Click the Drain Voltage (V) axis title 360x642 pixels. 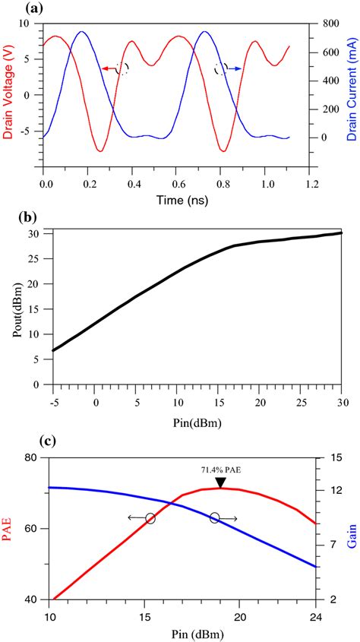[8, 96]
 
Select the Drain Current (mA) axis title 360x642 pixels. [351, 96]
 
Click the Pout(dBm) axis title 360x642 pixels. [14, 307]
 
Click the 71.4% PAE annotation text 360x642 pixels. [219, 470]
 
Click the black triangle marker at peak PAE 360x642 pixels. [220, 483]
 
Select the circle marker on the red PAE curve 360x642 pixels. [150, 518]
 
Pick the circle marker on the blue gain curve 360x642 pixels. [215, 517]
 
